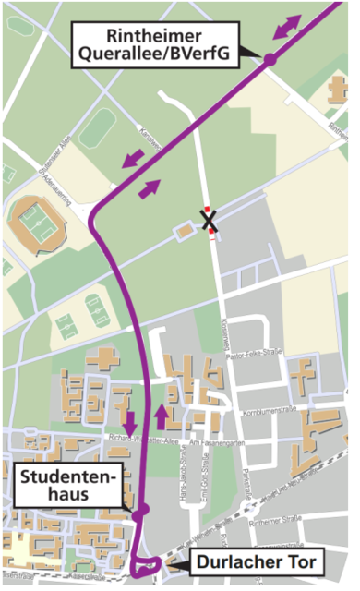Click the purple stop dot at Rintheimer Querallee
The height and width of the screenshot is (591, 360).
click(270, 59)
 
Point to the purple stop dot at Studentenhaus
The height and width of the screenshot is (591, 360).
click(140, 511)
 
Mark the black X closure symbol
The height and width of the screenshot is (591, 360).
click(210, 220)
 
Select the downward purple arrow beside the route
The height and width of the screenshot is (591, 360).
click(129, 422)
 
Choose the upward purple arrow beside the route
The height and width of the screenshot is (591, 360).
click(162, 416)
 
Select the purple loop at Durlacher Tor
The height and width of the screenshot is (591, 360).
click(144, 564)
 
